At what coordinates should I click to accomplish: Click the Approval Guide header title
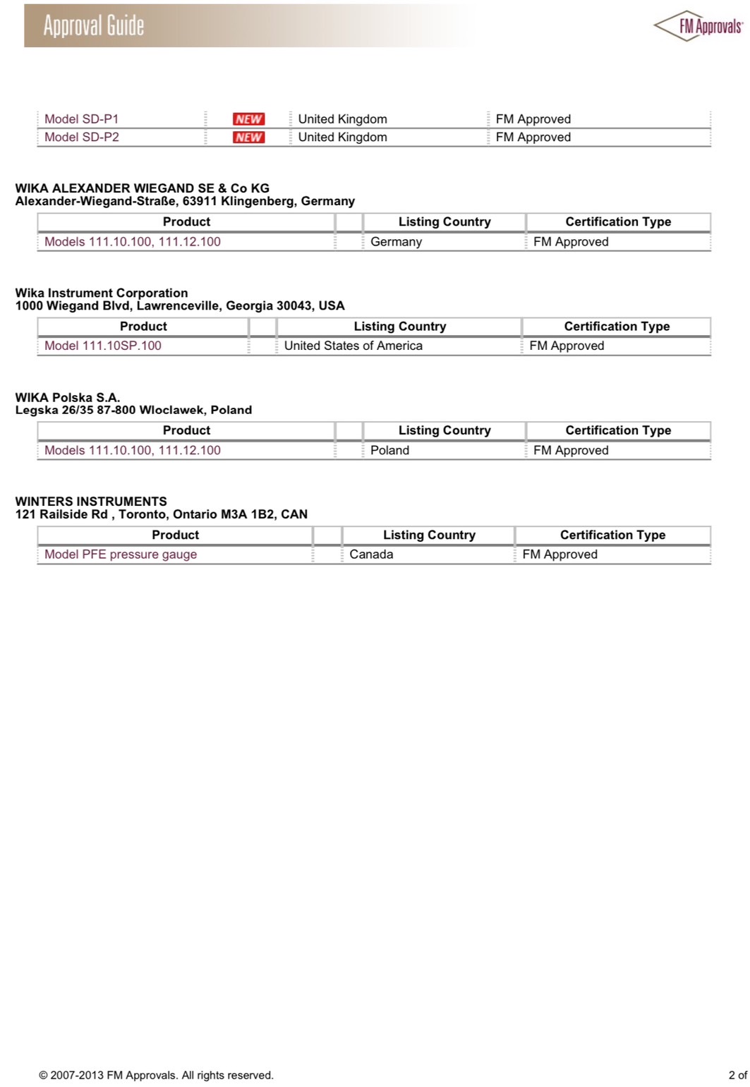tap(94, 26)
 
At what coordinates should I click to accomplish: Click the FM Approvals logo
tap(699, 26)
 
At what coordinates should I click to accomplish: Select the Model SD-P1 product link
tap(82, 119)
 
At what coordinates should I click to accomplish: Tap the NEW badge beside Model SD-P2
tap(248, 138)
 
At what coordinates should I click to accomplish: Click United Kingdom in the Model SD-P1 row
tap(342, 119)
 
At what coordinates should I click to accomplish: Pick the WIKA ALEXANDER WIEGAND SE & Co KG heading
tap(142, 188)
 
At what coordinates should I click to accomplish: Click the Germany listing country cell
tap(396, 242)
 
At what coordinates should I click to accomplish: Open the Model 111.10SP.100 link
tap(103, 346)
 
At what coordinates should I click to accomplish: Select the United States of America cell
tap(353, 346)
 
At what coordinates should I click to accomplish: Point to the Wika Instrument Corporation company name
tap(102, 293)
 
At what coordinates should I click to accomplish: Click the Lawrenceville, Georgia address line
tap(180, 306)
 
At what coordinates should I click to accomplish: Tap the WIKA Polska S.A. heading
tap(68, 397)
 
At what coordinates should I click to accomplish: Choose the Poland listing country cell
tap(389, 450)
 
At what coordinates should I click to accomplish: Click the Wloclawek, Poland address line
tap(133, 410)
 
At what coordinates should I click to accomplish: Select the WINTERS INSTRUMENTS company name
tap(91, 502)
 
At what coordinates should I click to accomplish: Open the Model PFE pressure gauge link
tap(121, 554)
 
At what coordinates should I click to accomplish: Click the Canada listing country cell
tap(371, 554)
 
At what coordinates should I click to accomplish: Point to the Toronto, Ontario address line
tap(162, 514)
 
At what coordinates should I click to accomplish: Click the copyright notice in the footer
tap(156, 1075)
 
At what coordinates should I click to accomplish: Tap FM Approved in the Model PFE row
tap(560, 554)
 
